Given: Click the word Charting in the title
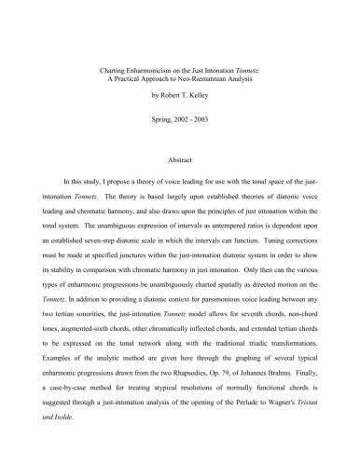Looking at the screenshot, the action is pos(113,71).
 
